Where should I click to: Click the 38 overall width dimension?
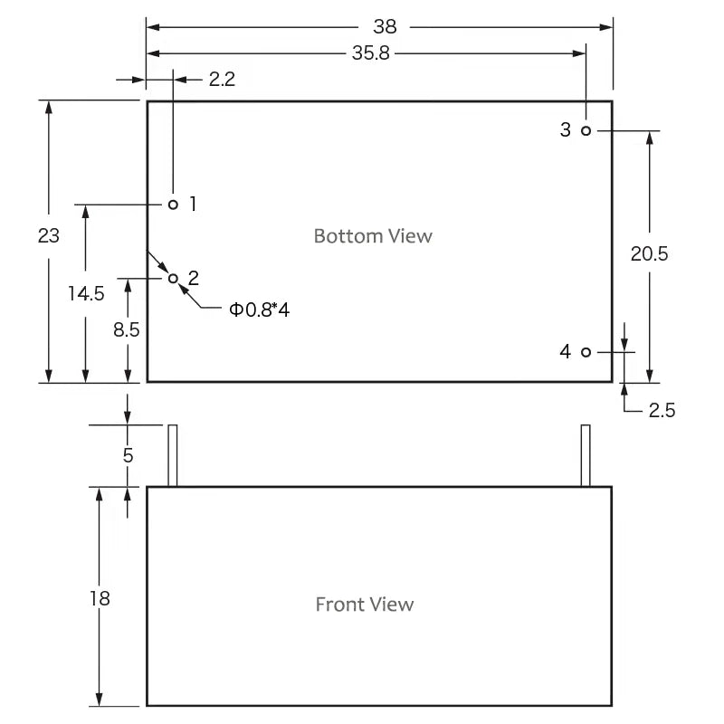click(x=385, y=27)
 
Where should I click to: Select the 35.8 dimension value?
click(x=371, y=53)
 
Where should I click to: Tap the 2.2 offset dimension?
click(x=222, y=80)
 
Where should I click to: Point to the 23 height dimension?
click(x=49, y=236)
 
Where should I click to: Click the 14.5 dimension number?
click(x=86, y=293)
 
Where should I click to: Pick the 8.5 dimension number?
click(x=127, y=330)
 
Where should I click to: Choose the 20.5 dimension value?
click(x=649, y=254)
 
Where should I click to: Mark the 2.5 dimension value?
click(x=662, y=410)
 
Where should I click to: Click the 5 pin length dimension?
click(x=128, y=456)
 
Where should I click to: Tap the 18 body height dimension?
click(x=100, y=598)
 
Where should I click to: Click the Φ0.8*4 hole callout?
click(x=260, y=310)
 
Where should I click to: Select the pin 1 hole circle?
click(x=173, y=205)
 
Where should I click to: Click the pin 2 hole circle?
click(x=173, y=279)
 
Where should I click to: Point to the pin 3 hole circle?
click(x=586, y=130)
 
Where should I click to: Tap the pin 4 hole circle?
click(x=586, y=352)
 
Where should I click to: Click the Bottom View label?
click(x=373, y=236)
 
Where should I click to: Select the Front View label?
click(x=365, y=605)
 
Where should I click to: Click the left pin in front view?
click(x=173, y=455)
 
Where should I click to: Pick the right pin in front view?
click(x=586, y=455)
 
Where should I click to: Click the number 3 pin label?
click(x=565, y=129)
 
